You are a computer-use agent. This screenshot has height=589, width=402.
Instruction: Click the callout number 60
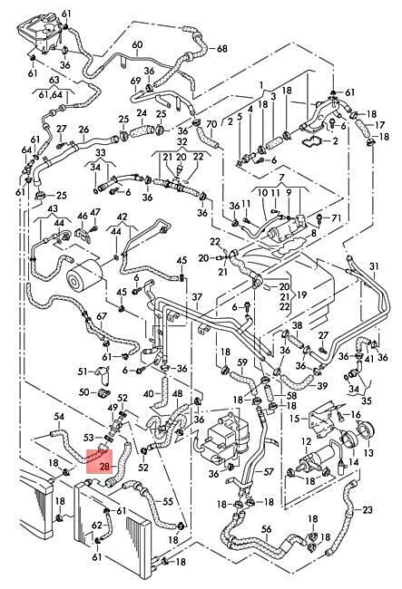137,44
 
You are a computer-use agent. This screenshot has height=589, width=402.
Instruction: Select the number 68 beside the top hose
222,48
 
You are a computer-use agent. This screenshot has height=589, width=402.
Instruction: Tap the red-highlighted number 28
104,467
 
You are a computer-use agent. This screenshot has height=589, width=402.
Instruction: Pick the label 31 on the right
374,266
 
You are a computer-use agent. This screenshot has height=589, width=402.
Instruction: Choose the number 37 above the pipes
197,297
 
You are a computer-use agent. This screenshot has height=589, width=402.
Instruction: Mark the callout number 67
102,316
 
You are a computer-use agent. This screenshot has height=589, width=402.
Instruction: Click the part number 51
83,372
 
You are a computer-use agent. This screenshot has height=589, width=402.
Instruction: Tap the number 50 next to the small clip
83,392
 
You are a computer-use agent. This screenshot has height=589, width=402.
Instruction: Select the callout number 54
59,417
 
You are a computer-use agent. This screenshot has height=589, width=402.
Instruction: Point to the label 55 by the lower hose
167,501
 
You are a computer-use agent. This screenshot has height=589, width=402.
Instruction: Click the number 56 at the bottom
266,529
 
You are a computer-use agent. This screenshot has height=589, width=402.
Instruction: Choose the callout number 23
368,510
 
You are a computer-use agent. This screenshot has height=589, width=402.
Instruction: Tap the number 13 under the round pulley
369,453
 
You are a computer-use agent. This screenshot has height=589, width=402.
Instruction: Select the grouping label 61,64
50,94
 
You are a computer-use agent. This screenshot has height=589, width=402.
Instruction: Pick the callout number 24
142,112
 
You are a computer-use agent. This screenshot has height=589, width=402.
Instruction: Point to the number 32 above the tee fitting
181,142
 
